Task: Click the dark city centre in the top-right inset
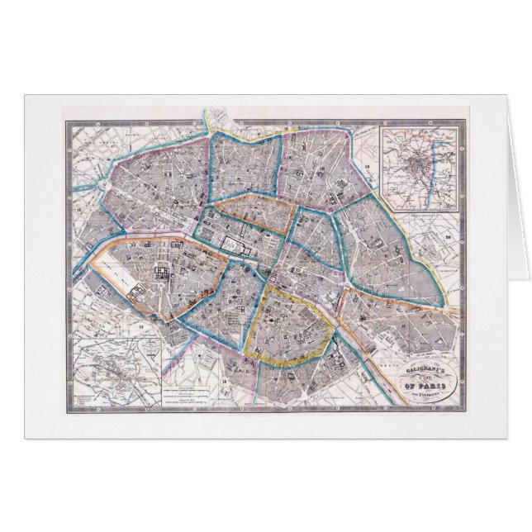[415, 165]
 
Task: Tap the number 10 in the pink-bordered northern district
[285, 130]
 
